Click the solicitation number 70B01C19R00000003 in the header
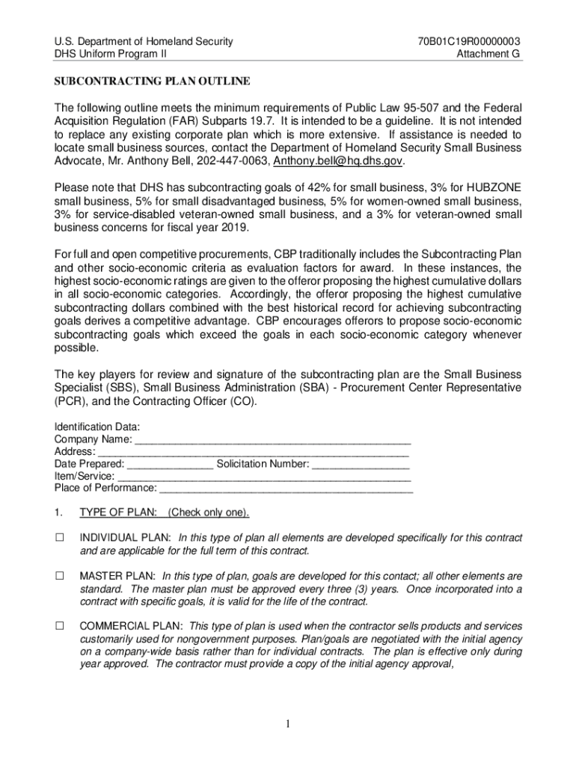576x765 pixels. click(x=470, y=41)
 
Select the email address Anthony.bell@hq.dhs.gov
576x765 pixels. click(x=338, y=161)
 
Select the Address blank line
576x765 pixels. click(x=254, y=451)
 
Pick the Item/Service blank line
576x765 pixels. click(x=265, y=476)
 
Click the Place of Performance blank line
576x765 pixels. click(x=287, y=488)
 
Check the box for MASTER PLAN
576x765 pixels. click(x=60, y=576)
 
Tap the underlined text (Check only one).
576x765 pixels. click(x=209, y=512)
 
